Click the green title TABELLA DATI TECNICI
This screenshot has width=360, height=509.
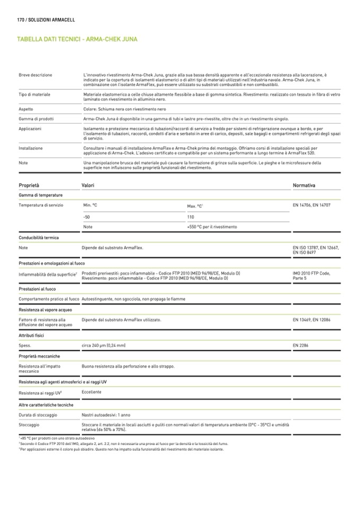(x=50, y=39)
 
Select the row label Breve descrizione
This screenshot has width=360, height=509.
(x=35, y=75)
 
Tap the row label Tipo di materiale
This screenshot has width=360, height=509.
(x=35, y=94)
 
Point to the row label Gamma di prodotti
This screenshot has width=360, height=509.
(x=36, y=118)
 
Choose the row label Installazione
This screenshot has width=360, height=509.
(x=30, y=148)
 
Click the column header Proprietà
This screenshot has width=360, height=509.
(x=29, y=185)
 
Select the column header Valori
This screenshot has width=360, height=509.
(x=88, y=185)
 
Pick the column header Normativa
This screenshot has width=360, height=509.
(x=304, y=185)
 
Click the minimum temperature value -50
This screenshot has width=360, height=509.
(x=87, y=217)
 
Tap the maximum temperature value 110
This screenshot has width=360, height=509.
(x=191, y=217)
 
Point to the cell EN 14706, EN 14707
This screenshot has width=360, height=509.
(x=311, y=204)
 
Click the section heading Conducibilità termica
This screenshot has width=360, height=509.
(x=38, y=238)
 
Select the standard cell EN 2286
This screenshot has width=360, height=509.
(x=301, y=346)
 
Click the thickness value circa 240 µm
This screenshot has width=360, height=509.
(x=104, y=346)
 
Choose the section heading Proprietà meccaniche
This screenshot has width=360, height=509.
(x=39, y=356)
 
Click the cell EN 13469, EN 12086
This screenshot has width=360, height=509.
(x=311, y=320)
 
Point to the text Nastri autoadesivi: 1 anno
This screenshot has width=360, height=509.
(x=106, y=415)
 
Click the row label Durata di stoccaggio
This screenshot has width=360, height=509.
(x=38, y=415)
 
